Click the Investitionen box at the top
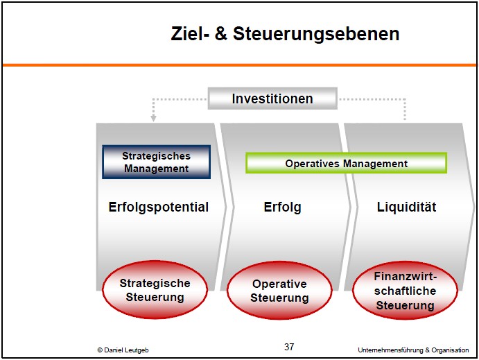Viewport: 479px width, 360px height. [x=272, y=98]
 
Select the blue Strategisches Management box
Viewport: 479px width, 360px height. [x=157, y=162]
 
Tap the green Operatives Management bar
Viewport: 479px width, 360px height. [x=346, y=163]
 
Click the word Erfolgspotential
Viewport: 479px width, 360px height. [x=159, y=207]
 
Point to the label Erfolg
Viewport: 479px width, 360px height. [x=282, y=207]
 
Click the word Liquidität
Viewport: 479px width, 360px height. [x=406, y=207]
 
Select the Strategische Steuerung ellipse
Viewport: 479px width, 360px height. [x=155, y=290]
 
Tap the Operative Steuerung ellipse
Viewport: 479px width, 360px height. [x=279, y=291]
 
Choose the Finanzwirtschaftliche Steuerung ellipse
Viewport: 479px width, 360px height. [x=405, y=291]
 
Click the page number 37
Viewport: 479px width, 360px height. [x=289, y=347]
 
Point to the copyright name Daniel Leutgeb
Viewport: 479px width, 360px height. [x=126, y=350]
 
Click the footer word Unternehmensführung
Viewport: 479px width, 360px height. [x=391, y=350]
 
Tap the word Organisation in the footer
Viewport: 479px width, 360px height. [x=450, y=350]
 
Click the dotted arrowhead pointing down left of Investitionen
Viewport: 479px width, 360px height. [x=154, y=119]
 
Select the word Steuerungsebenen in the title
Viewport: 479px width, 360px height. [x=316, y=33]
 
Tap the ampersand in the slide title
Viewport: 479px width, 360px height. [x=221, y=33]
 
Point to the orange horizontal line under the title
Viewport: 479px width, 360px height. [x=240, y=65]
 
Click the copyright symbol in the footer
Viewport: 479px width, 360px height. [x=100, y=350]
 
